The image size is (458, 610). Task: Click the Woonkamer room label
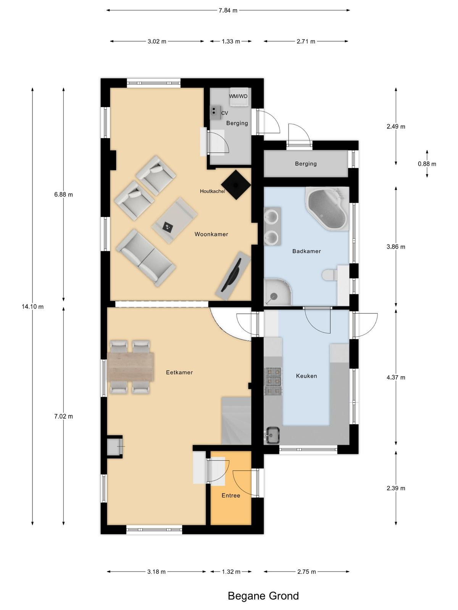(211, 234)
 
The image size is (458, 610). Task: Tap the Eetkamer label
(179, 372)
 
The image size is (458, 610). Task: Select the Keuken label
(306, 376)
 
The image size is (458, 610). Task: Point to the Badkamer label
(306, 251)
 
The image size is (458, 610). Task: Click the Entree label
(231, 496)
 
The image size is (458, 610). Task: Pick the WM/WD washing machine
(239, 97)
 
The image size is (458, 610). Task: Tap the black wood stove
(236, 185)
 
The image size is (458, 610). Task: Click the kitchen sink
(273, 435)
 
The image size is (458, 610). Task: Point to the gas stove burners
(274, 381)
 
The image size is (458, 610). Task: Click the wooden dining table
(131, 367)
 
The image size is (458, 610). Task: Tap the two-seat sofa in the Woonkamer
(146, 258)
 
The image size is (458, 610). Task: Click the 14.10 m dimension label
(32, 307)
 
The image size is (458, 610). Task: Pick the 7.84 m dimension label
(228, 11)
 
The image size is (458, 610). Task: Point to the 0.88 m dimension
(427, 164)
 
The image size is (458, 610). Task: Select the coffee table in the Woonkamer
(175, 221)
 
